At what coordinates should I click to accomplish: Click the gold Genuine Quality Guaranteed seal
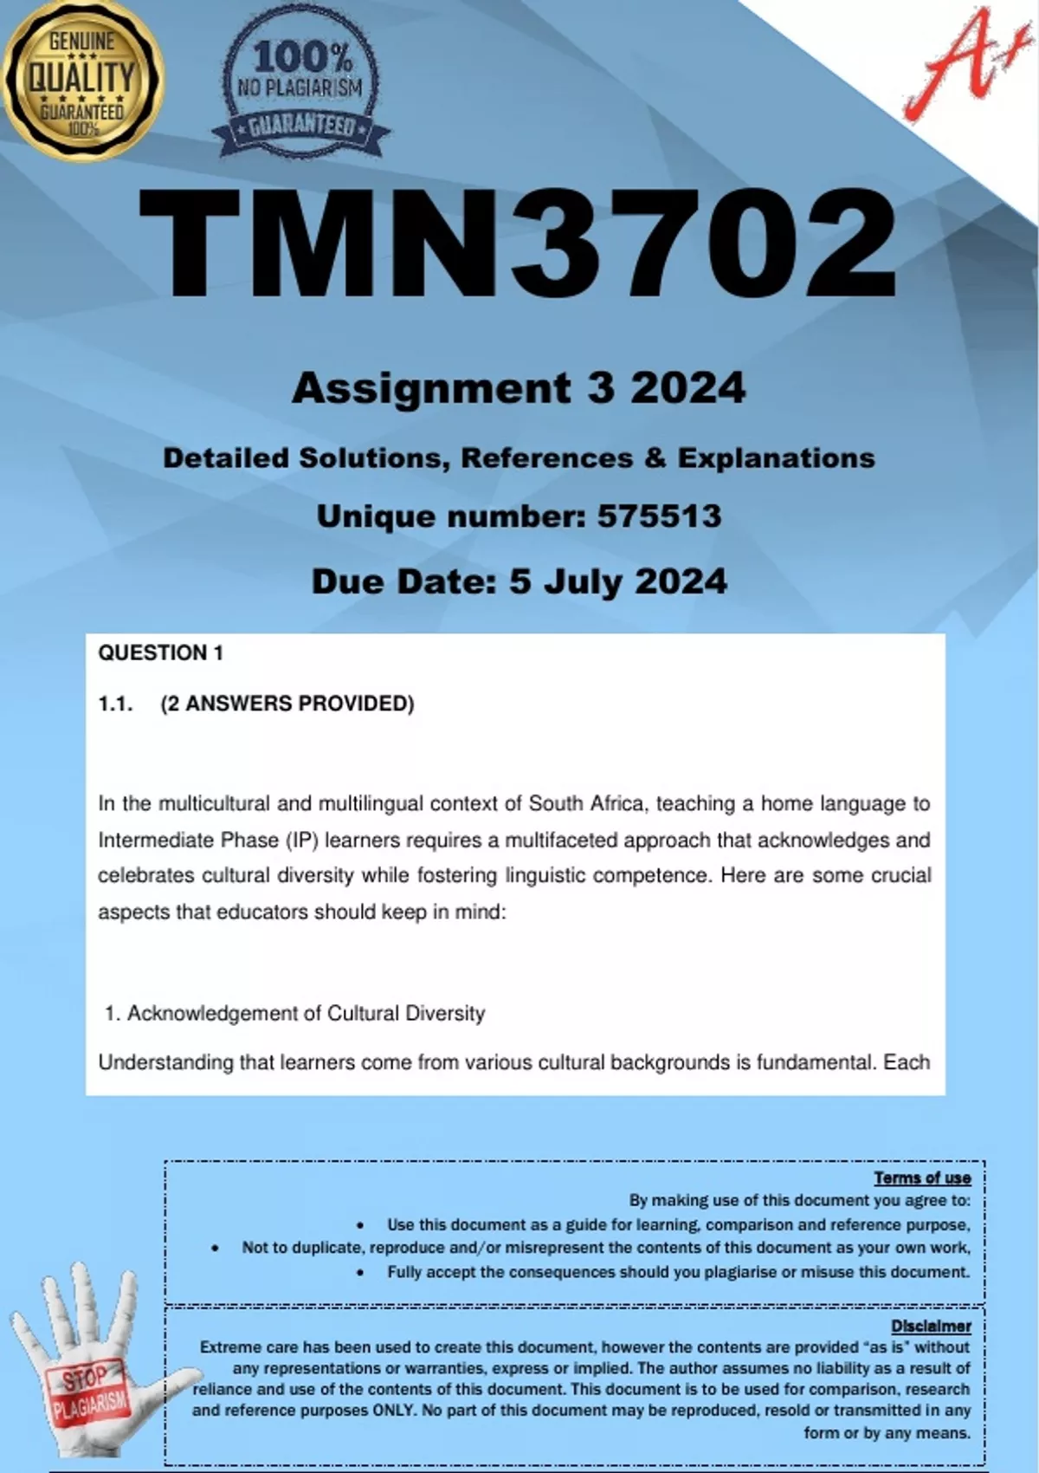82,81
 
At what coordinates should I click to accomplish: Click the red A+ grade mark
957,65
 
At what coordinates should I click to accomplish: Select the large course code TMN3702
518,245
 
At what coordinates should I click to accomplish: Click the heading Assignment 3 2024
518,387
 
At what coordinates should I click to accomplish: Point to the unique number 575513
659,516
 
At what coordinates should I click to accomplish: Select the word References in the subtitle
546,457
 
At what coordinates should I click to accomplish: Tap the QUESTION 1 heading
160,653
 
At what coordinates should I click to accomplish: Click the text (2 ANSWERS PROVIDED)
287,704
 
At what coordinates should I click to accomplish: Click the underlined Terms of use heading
922,1178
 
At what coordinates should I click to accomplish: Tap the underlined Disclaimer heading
931,1326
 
